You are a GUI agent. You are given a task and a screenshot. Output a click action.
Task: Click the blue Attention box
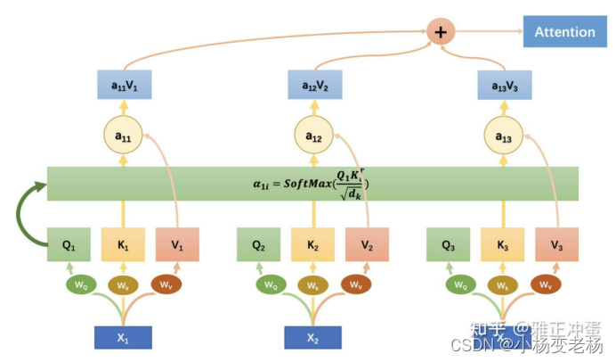(x=564, y=32)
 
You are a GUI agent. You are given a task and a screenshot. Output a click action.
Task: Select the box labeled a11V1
(x=124, y=86)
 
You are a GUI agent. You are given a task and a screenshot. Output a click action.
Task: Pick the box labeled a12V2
(x=314, y=86)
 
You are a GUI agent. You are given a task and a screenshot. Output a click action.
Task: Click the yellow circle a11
(x=124, y=136)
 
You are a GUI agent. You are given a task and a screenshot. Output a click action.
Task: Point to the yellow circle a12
(x=314, y=136)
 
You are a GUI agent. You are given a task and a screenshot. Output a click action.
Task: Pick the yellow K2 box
(x=314, y=244)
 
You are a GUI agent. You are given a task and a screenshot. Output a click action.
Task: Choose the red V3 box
(x=557, y=244)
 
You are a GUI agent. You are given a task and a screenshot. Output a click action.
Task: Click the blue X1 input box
(x=124, y=337)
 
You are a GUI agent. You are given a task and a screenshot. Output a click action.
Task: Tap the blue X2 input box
(x=313, y=337)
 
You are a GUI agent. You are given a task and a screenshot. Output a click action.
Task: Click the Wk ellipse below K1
(x=124, y=285)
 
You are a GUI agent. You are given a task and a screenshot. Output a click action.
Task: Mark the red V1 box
(x=178, y=244)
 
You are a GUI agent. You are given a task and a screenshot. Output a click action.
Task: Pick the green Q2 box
(x=259, y=244)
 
